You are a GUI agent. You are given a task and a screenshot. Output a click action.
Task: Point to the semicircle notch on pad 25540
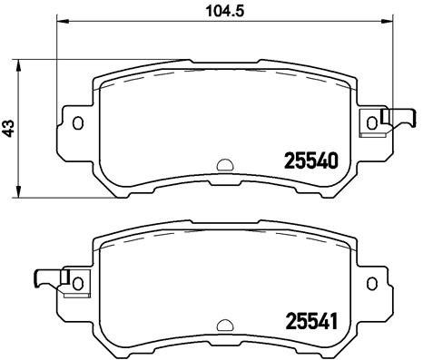pyautogui.click(x=223, y=166)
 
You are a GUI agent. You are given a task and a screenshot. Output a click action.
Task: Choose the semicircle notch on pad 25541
pyautogui.click(x=223, y=323)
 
